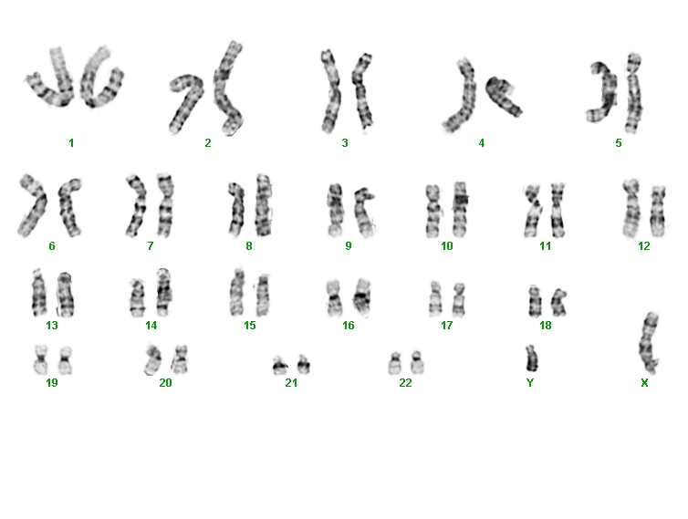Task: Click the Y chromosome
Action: [x=531, y=358]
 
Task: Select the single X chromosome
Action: [x=649, y=343]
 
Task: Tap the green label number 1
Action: [x=71, y=142]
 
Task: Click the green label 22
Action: [x=405, y=383]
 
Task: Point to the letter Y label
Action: [x=530, y=383]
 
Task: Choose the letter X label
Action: [x=644, y=383]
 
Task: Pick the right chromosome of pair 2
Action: [x=227, y=88]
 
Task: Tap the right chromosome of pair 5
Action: [x=633, y=94]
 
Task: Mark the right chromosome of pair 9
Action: [x=364, y=213]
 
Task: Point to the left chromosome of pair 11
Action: [x=534, y=211]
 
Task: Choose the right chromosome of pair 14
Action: [x=163, y=292]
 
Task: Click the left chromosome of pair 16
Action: [x=334, y=298]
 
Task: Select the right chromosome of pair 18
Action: [x=559, y=302]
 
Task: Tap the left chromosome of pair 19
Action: [x=41, y=359]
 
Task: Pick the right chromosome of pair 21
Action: [x=304, y=365]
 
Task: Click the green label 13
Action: [x=52, y=326]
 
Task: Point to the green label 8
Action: [x=249, y=246]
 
